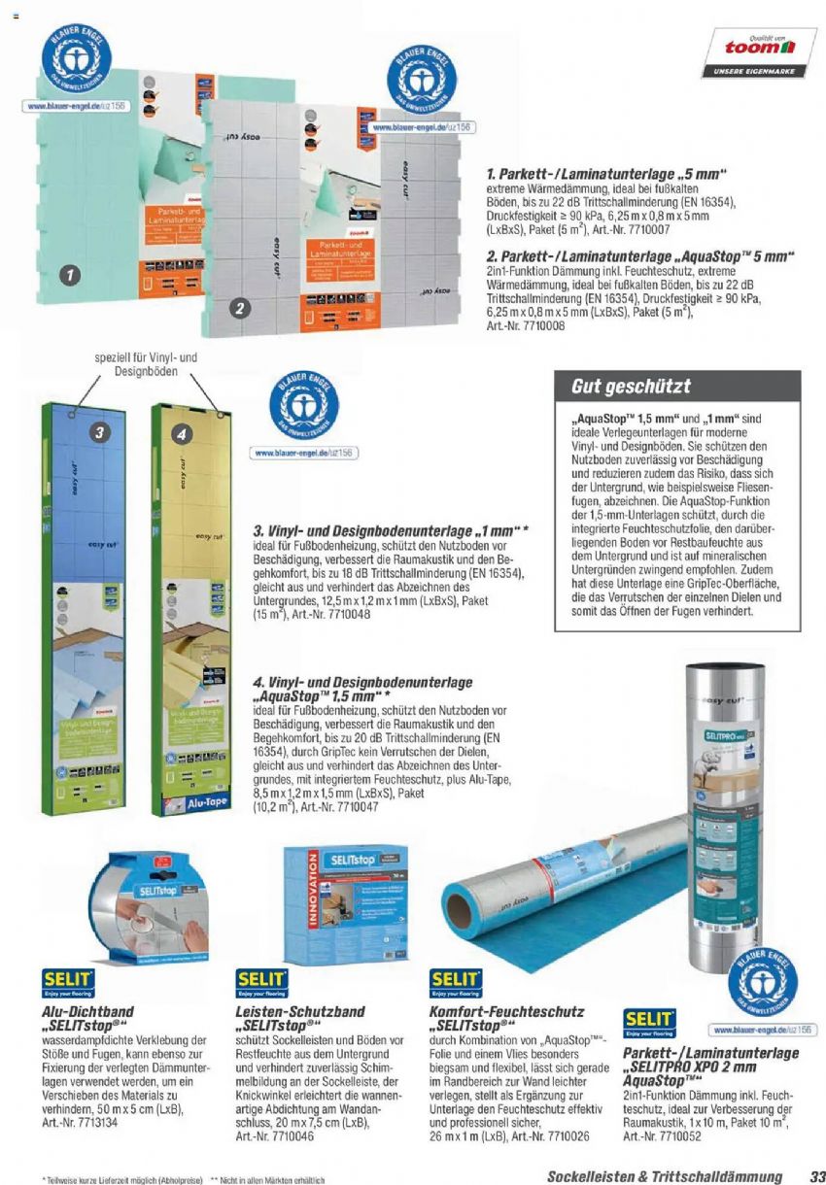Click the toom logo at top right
coord(762,46)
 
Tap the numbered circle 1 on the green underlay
coord(67,275)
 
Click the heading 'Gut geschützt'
coord(617,388)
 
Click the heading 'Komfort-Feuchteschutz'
coord(506,1011)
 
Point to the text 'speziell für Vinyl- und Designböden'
coord(146,364)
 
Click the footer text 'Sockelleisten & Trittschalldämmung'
coord(664,1176)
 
